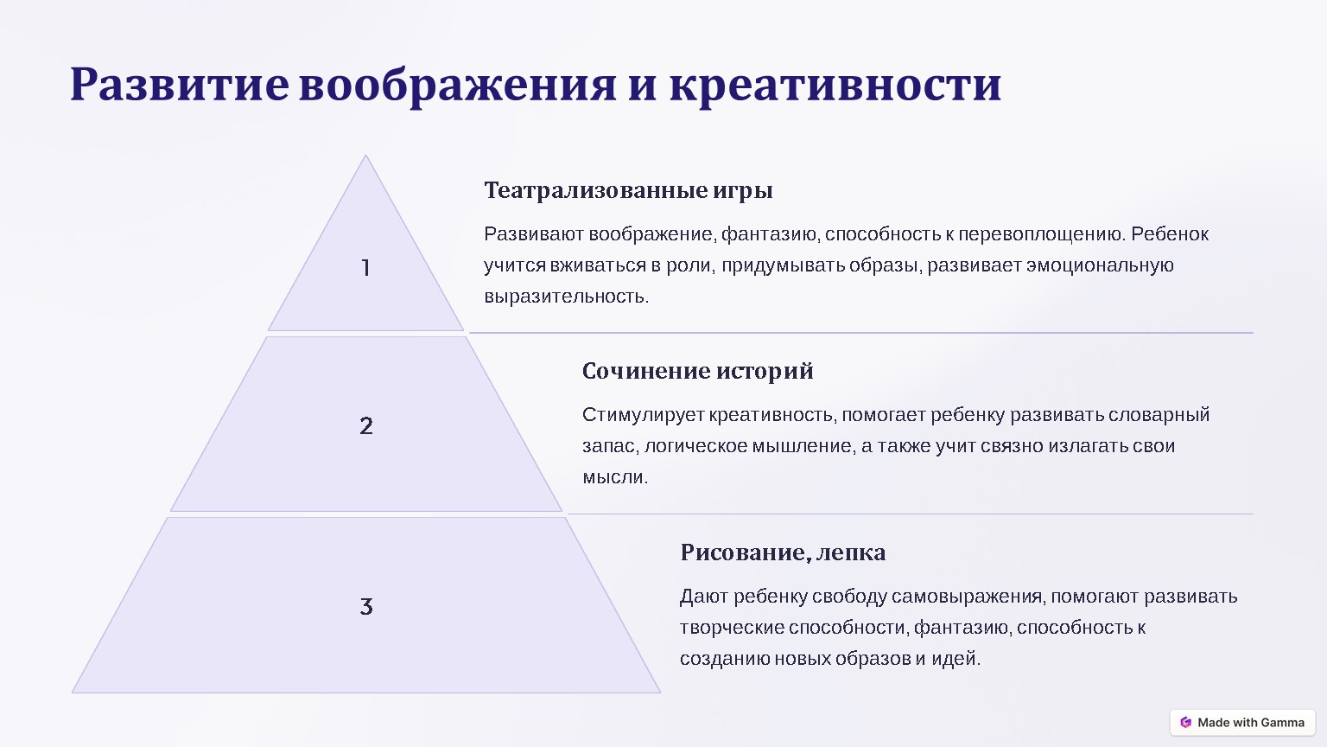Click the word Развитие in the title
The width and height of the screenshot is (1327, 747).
pyautogui.click(x=180, y=85)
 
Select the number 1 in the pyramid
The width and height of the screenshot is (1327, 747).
pyautogui.click(x=366, y=268)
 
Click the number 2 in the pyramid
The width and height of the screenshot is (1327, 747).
pyautogui.click(x=366, y=425)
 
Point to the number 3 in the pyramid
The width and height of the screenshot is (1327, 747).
pyautogui.click(x=366, y=606)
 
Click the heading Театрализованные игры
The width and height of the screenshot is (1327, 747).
pyautogui.click(x=629, y=191)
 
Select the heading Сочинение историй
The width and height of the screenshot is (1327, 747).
pyautogui.click(x=697, y=371)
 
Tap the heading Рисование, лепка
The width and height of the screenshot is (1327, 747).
pyautogui.click(x=783, y=552)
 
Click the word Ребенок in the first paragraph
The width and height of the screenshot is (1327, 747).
pyautogui.click(x=1170, y=234)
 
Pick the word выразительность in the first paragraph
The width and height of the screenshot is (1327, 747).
pyautogui.click(x=566, y=297)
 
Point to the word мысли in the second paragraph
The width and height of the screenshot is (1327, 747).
pyautogui.click(x=615, y=477)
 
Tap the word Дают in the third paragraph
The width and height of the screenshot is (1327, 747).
pyautogui.click(x=703, y=597)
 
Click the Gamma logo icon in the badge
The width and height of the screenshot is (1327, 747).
pyautogui.click(x=1185, y=722)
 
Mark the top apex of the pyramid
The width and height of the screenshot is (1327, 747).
pyautogui.click(x=365, y=156)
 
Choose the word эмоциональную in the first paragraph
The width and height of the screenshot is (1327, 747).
pyautogui.click(x=1100, y=265)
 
